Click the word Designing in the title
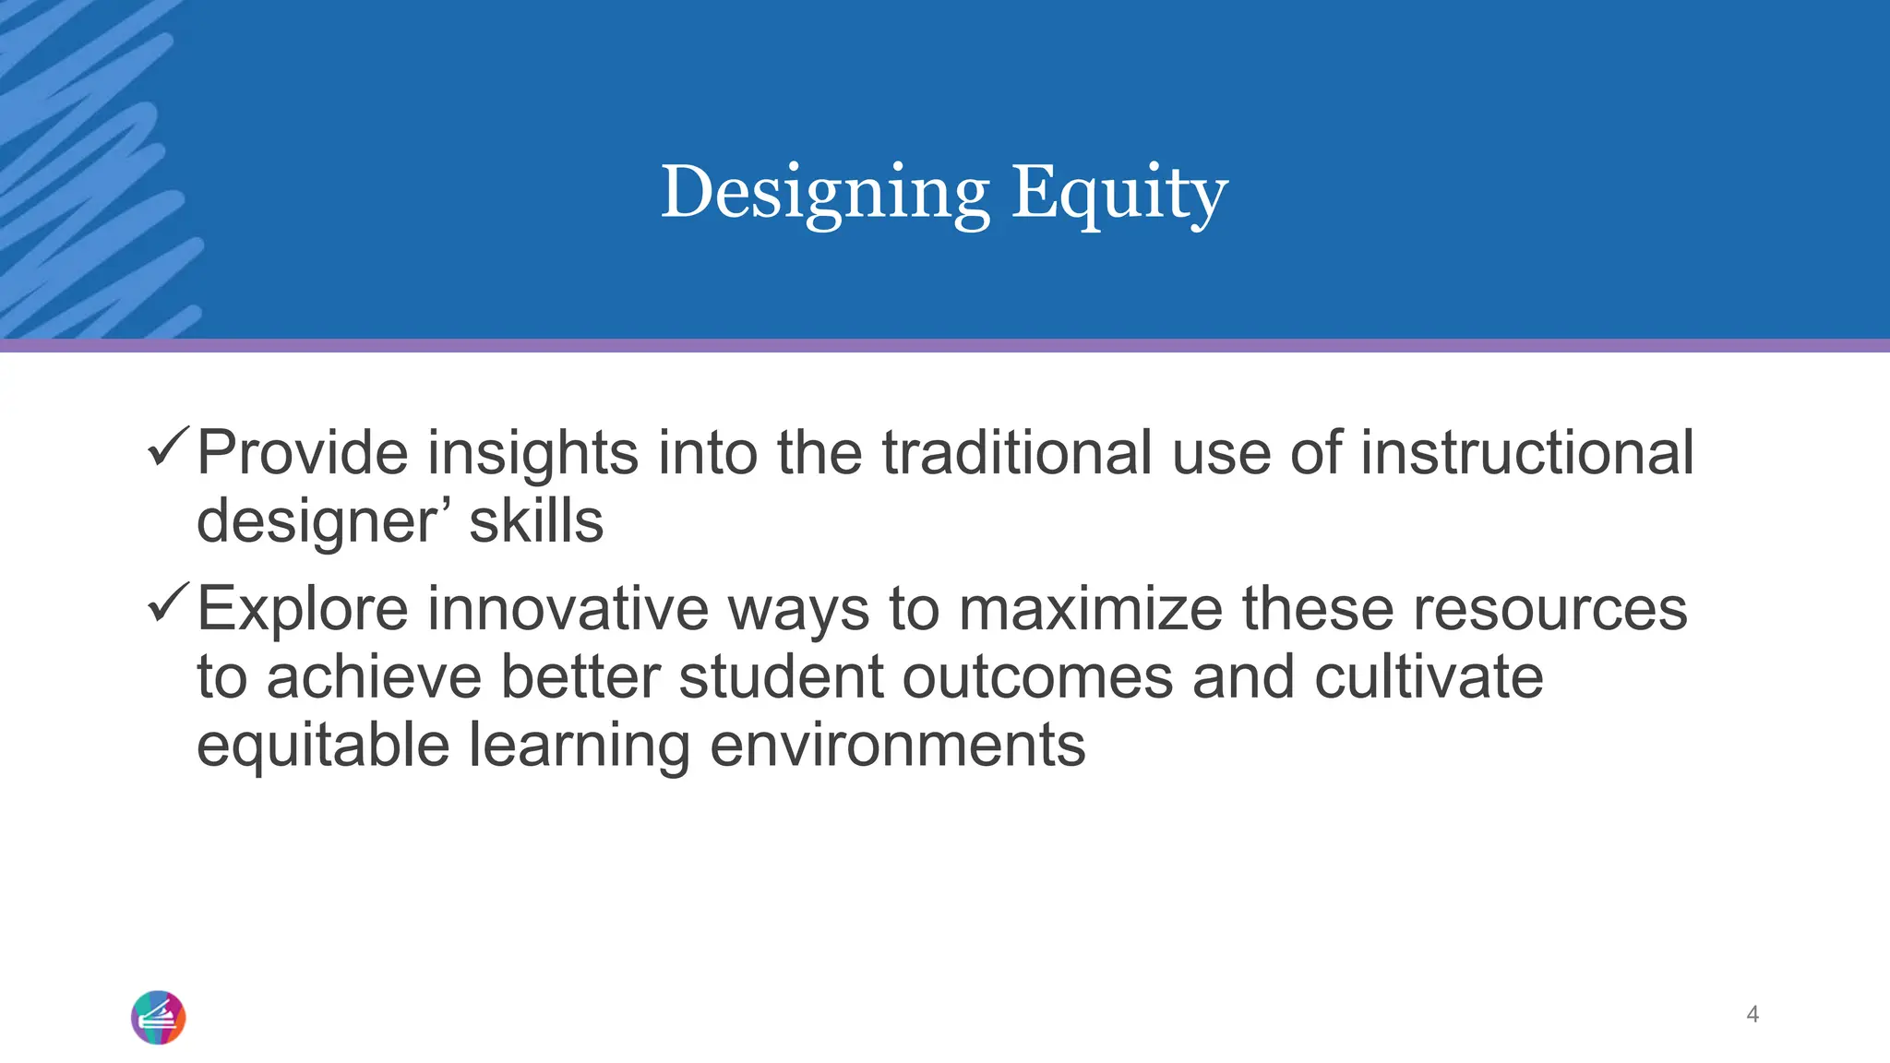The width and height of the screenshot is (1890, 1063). (x=824, y=194)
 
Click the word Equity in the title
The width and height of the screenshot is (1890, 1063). (x=1119, y=194)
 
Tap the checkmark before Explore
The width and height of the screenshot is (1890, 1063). (x=169, y=602)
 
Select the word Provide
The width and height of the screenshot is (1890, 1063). (x=303, y=454)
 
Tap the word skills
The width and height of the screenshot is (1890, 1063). (x=536, y=522)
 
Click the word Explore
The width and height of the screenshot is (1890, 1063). (x=303, y=610)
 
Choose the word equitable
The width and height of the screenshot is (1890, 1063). (x=323, y=746)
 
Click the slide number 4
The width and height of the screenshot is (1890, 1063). (x=1752, y=1015)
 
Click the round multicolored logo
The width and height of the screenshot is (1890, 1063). (x=159, y=1018)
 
